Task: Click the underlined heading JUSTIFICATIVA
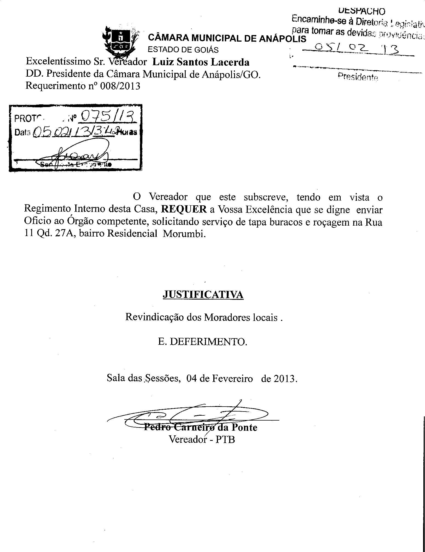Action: click(203, 295)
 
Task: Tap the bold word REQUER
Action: click(184, 209)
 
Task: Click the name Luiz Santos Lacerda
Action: click(201, 62)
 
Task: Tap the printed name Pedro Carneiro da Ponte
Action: click(201, 427)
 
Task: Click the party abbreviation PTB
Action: click(225, 439)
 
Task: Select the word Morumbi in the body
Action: click(184, 234)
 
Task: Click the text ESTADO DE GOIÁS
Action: click(183, 50)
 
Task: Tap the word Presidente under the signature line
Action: click(358, 77)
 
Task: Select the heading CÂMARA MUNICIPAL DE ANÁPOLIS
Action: click(227, 38)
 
